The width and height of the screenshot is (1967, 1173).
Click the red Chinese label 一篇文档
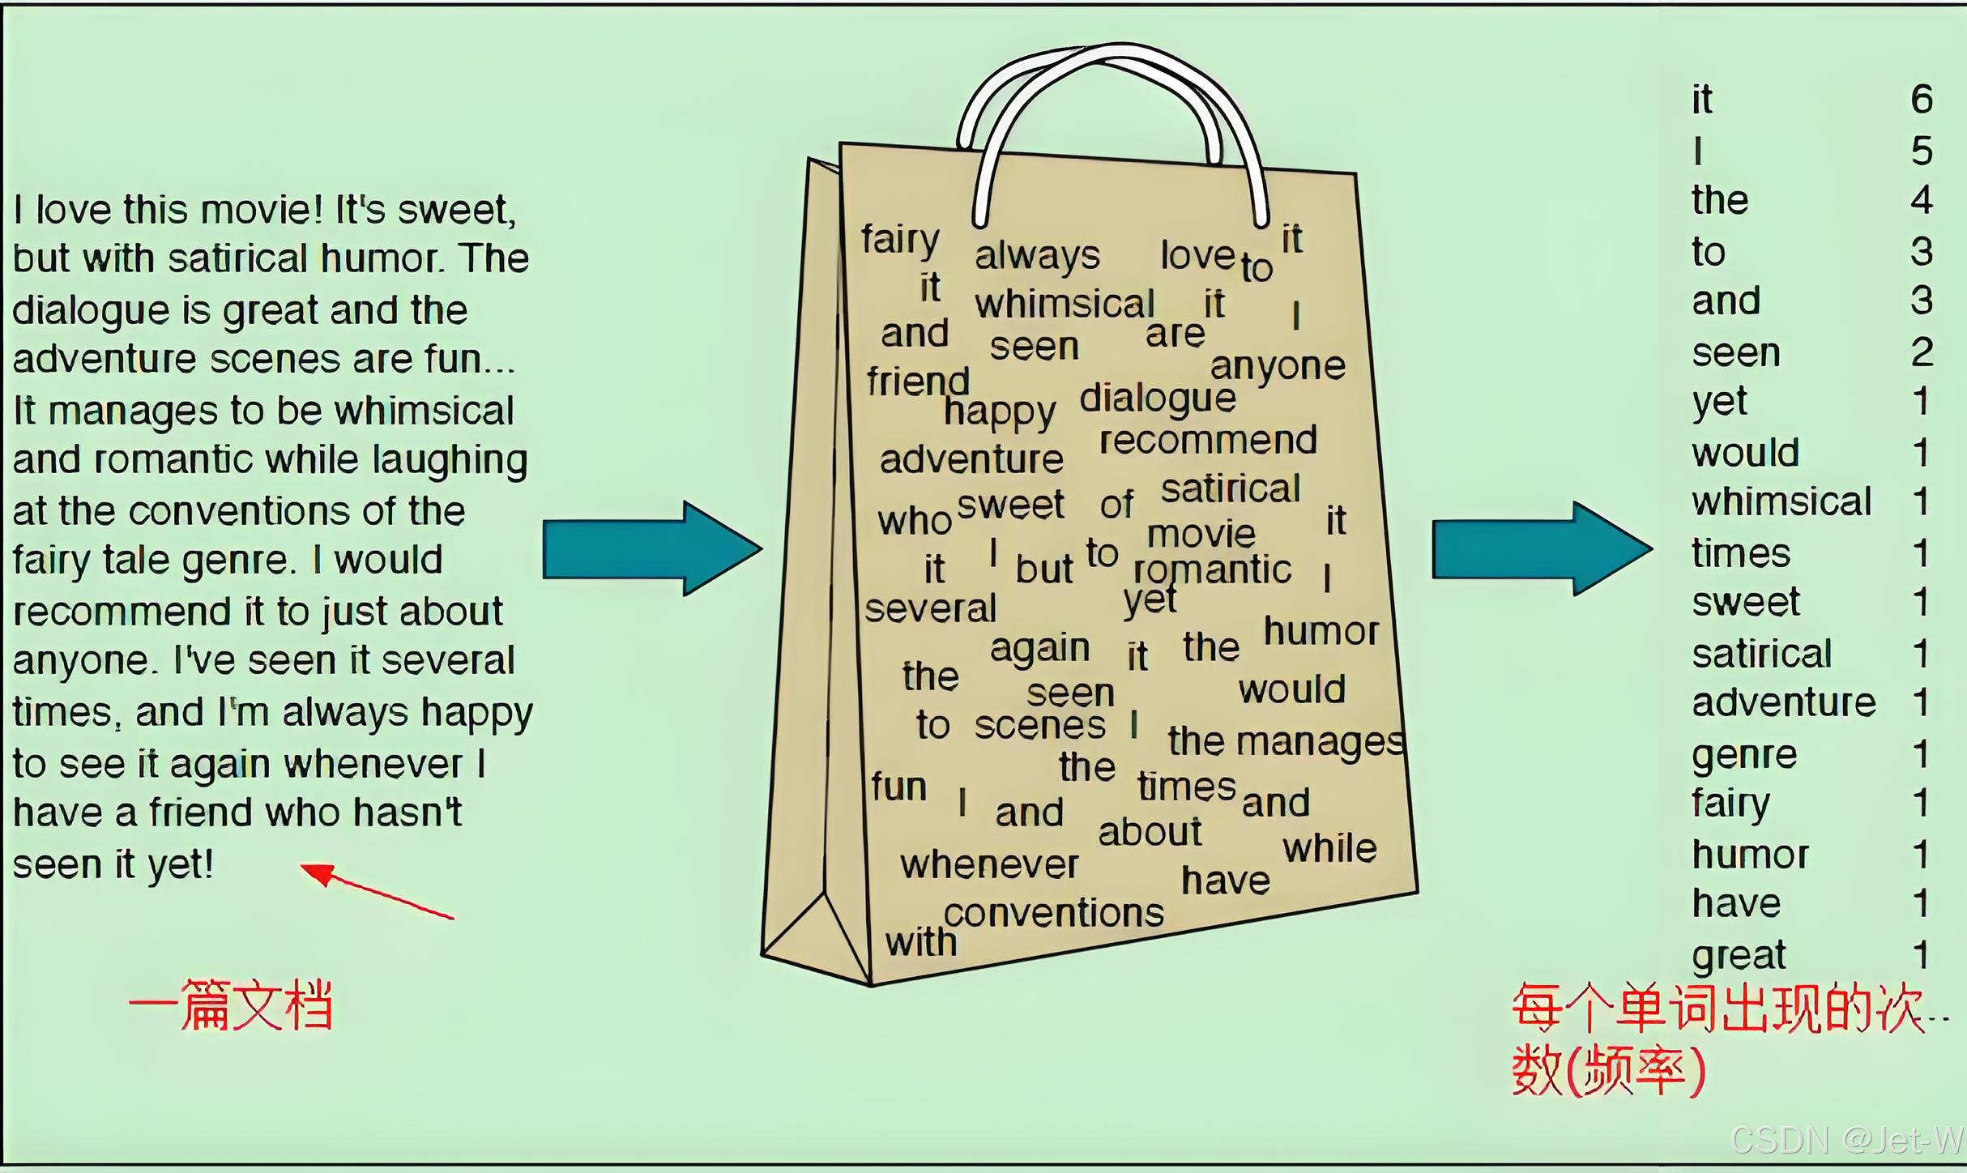coord(231,1006)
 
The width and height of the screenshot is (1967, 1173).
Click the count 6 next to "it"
coord(1921,100)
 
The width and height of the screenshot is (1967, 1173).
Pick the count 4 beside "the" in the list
coord(1921,200)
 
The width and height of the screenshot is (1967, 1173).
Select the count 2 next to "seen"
coord(1921,352)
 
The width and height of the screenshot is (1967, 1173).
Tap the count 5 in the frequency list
coord(1921,151)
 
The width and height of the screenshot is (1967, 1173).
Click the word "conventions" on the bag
coord(1053,914)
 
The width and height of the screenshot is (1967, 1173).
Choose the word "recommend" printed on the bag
coord(1207,441)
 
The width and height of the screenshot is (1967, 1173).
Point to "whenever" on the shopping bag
coord(989,865)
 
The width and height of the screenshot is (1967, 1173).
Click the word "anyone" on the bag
coord(1278,367)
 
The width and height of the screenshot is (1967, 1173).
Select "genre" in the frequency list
coord(1744,756)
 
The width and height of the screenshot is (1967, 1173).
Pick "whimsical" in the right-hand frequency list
coord(1781,502)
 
